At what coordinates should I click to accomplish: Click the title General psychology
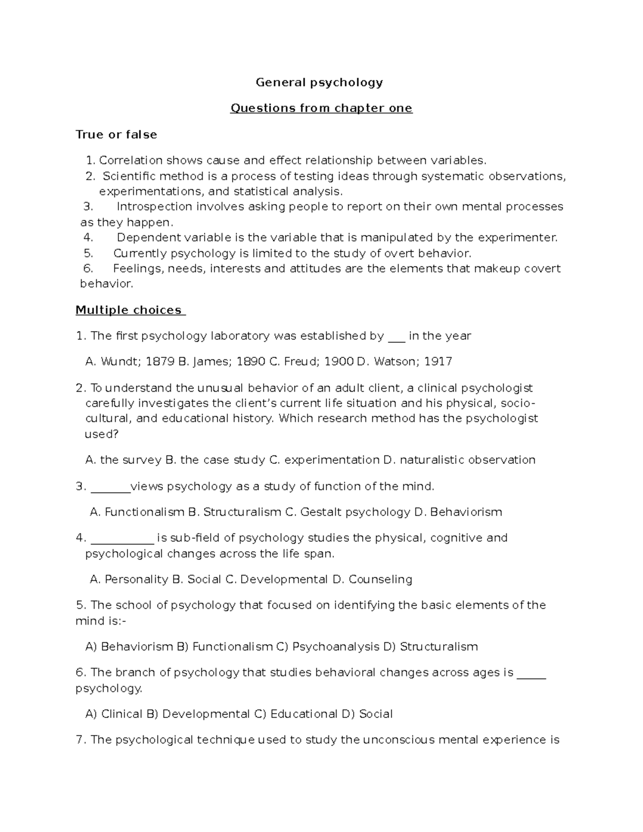[319, 83]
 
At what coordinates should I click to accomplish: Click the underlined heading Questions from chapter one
[321, 108]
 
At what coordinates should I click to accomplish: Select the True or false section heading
[116, 134]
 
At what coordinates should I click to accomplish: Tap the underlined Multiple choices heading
[129, 310]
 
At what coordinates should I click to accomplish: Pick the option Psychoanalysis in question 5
[335, 647]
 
